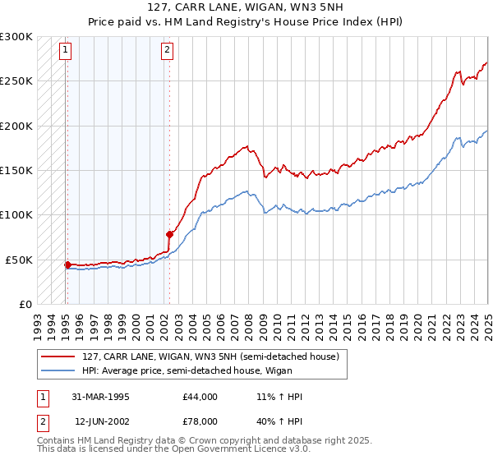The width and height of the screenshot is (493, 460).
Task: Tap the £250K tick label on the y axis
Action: tap(16, 81)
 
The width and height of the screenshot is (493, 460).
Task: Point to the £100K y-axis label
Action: tap(16, 215)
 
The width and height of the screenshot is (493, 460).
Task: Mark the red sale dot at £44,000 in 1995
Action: tap(67, 264)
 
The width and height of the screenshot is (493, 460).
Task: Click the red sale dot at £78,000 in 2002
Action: tap(169, 234)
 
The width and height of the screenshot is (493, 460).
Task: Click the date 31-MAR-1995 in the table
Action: tap(102, 397)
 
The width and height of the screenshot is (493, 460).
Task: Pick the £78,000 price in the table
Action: tap(200, 421)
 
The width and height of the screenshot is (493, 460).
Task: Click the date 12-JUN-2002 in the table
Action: tap(102, 421)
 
